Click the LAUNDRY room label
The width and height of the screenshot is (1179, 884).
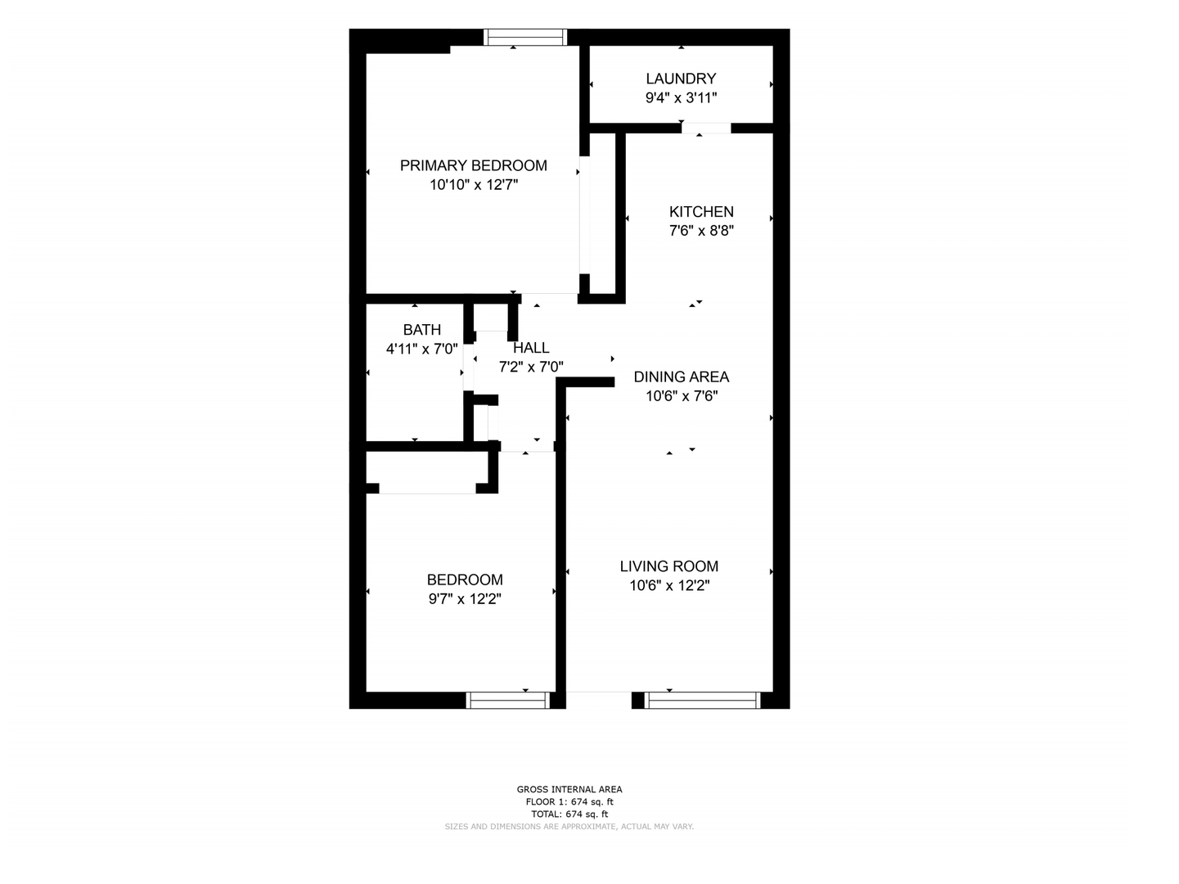[681, 79]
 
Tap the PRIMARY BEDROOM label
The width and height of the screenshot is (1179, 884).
[473, 165]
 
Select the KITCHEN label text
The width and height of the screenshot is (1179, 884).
[701, 212]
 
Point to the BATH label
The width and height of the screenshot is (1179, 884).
[421, 330]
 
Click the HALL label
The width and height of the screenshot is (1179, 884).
[531, 348]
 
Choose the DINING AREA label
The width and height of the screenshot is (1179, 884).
[681, 377]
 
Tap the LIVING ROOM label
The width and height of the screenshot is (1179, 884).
[668, 566]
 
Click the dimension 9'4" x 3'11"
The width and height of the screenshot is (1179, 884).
[681, 97]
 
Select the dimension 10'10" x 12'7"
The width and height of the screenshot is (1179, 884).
[473, 185]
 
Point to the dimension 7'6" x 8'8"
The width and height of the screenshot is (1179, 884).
[701, 231]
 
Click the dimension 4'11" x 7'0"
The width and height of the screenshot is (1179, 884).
[421, 350]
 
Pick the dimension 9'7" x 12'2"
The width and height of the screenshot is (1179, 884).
[465, 599]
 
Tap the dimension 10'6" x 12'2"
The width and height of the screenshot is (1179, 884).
[669, 586]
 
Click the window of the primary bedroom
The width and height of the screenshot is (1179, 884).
[525, 37]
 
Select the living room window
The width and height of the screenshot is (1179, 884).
[702, 700]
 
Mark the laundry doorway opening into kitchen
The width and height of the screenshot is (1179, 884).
[706, 129]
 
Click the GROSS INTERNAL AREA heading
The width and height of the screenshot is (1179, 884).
[569, 789]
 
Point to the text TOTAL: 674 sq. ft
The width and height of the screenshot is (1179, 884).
[569, 814]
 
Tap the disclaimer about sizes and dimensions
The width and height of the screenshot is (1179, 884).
[569, 827]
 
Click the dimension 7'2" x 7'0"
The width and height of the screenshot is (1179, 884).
[531, 367]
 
